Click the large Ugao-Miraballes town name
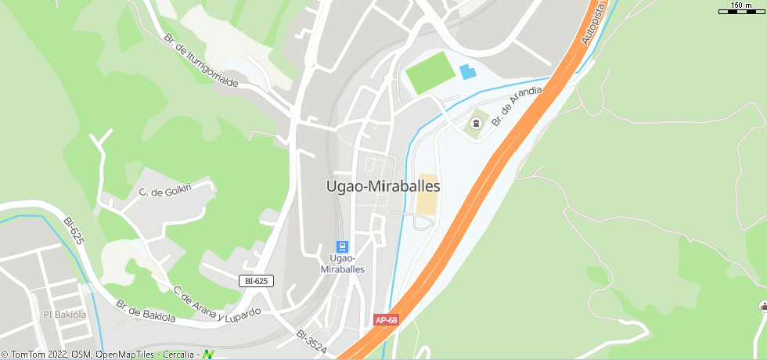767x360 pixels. click(x=383, y=187)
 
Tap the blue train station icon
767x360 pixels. click(x=342, y=247)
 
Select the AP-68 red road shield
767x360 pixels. click(x=387, y=320)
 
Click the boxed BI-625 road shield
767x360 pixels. click(x=256, y=280)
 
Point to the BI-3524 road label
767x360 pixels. click(x=311, y=341)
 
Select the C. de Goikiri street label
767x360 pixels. click(x=165, y=192)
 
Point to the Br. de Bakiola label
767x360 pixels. click(x=146, y=311)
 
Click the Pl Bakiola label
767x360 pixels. click(x=64, y=315)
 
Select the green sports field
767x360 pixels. click(x=430, y=73)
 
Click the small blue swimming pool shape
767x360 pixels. click(x=467, y=72)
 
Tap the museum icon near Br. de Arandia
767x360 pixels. click(x=475, y=124)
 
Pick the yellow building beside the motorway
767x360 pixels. click(x=427, y=193)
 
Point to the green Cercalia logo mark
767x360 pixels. click(x=208, y=355)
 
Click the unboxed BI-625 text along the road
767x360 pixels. click(x=74, y=231)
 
